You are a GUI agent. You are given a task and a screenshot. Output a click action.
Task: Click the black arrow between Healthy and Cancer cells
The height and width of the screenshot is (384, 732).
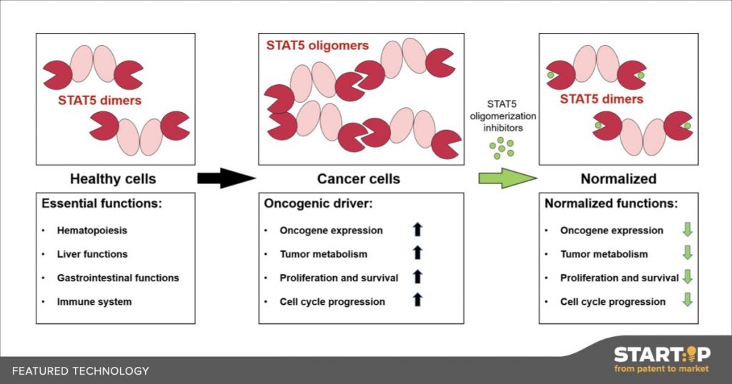pos(227,178)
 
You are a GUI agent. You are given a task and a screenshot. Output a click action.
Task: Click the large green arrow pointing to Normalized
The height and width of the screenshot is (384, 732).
pos(508,178)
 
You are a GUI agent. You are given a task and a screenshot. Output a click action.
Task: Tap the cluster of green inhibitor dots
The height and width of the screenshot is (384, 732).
pos(501,148)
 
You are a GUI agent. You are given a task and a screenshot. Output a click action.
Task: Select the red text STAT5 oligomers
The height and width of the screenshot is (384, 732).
pos(317,46)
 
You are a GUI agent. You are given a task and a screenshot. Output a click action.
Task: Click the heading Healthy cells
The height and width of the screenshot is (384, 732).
pos(113,179)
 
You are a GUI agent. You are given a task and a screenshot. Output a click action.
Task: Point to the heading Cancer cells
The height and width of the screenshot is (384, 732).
pos(359,179)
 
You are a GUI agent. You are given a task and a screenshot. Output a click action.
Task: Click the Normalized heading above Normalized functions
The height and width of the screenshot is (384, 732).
pos(618,179)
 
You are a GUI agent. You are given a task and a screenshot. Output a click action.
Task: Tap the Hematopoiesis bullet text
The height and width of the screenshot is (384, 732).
pos(92,231)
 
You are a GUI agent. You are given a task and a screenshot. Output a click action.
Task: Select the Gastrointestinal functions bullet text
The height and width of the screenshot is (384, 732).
pos(118,278)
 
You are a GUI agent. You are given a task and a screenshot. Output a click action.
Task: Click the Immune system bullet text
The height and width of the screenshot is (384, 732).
pos(94,302)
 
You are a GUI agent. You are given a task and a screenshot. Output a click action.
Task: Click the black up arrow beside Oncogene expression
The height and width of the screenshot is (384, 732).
pos(417,229)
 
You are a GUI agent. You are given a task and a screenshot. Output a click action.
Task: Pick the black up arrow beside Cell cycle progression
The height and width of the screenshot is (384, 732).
pos(417,299)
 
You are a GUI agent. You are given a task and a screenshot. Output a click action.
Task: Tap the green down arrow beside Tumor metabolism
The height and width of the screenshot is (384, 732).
pos(687,253)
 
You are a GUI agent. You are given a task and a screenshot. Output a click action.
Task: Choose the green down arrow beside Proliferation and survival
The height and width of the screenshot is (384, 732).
pos(687,276)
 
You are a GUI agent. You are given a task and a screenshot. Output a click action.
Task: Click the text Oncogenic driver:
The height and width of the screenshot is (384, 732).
pos(318,203)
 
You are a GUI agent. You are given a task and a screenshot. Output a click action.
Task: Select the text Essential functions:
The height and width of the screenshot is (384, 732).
pos(102,203)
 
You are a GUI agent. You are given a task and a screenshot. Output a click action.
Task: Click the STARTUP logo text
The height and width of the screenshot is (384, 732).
pos(662,355)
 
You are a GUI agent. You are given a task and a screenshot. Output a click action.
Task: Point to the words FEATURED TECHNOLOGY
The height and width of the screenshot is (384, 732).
pos(80,371)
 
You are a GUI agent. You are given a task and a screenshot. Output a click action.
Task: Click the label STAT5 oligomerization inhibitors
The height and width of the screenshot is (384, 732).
pos(503,116)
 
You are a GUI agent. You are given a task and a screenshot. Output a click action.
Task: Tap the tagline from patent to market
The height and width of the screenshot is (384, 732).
pos(661,369)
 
